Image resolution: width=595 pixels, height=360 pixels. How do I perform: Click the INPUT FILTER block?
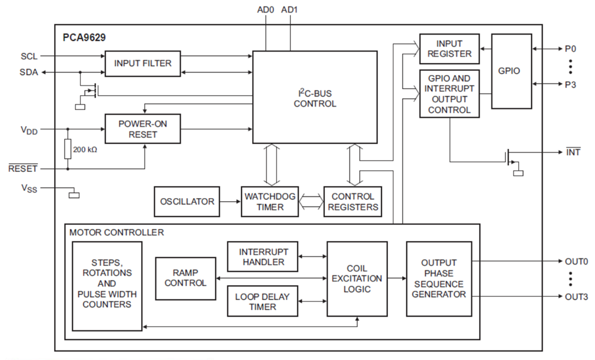click(142, 64)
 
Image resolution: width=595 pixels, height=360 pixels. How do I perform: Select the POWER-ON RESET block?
click(142, 129)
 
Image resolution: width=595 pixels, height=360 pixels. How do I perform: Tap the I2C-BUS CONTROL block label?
click(315, 98)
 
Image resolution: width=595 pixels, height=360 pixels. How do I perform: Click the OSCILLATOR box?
click(187, 202)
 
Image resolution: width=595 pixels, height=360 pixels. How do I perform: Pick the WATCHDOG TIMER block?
click(271, 202)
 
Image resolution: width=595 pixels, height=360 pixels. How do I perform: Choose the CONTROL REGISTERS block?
click(352, 202)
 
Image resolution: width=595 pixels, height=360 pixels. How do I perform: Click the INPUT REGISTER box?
click(449, 49)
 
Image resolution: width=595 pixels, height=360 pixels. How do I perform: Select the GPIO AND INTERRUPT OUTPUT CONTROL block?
click(449, 94)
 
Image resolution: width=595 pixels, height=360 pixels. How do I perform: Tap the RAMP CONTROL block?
click(186, 278)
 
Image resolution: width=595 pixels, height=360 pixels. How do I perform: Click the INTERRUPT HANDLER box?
click(264, 256)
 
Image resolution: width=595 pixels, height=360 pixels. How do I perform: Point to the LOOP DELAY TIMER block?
click(264, 301)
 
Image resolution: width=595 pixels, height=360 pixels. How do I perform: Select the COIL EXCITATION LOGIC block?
click(357, 278)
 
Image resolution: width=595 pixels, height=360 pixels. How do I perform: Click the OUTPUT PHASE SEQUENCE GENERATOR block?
click(439, 278)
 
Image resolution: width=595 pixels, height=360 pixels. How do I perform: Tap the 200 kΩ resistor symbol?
click(68, 149)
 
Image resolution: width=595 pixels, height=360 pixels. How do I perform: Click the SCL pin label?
click(29, 57)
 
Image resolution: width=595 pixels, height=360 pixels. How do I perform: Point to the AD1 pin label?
click(290, 10)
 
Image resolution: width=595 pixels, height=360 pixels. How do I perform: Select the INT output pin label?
click(573, 152)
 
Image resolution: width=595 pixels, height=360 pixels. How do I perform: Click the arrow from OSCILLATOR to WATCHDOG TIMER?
click(230, 202)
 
